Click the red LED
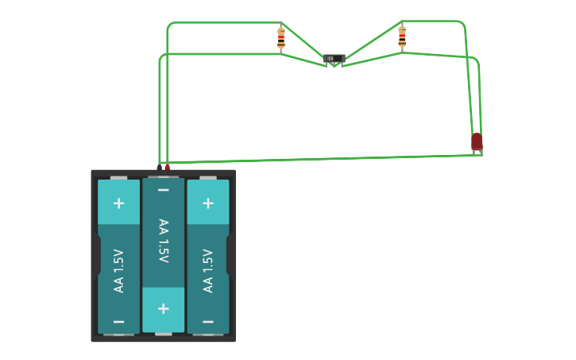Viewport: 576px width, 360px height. click(477, 141)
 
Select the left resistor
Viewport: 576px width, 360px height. click(280, 38)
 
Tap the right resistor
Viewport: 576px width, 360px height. click(402, 37)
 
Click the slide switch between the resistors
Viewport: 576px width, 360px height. click(334, 59)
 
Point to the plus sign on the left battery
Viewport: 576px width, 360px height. click(118, 203)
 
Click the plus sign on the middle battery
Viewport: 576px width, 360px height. click(163, 308)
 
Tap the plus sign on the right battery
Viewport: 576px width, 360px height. click(208, 203)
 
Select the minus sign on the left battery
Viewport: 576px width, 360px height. click(118, 321)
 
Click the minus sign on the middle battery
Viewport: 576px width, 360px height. click(163, 190)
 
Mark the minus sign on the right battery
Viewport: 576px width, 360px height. click(208, 321)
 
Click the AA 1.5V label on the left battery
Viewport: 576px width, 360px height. click(118, 270)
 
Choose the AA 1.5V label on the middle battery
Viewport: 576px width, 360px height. click(163, 241)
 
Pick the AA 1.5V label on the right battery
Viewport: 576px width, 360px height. click(208, 270)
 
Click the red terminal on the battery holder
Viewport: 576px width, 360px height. click(167, 168)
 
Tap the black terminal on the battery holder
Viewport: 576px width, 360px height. click(160, 168)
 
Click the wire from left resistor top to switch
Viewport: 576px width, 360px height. click(303, 41)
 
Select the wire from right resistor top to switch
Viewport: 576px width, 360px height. click(373, 41)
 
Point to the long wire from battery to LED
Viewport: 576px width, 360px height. click(318, 159)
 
